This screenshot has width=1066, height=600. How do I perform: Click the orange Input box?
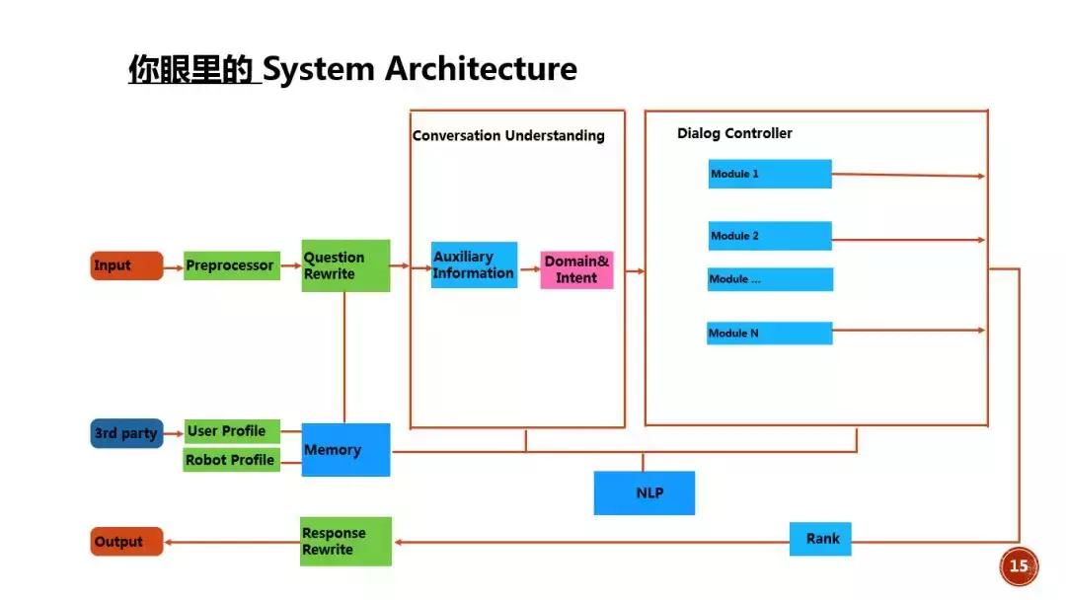126,265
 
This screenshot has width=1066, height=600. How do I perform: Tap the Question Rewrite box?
345,265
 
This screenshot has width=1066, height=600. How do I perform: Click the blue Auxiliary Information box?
474,264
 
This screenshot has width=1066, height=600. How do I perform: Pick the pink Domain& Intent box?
577,269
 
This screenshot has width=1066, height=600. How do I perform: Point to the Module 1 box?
770,174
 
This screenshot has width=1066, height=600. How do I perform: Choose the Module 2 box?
770,236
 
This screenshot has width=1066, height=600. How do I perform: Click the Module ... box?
770,279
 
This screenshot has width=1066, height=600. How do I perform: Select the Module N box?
770,334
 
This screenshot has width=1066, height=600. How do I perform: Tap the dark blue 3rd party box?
126,433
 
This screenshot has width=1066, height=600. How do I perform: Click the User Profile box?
231,431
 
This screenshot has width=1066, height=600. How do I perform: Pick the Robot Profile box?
231,460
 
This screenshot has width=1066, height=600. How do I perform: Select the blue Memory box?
345,450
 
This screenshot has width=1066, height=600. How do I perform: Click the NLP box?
644,492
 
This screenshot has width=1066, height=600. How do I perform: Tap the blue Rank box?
820,539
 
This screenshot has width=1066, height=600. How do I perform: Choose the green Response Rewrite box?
345,541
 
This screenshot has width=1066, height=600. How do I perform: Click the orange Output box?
126,542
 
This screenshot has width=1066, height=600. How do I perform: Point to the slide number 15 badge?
1019,565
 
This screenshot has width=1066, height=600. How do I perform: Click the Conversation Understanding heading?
508,136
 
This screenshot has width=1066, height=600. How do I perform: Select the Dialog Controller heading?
734,133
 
